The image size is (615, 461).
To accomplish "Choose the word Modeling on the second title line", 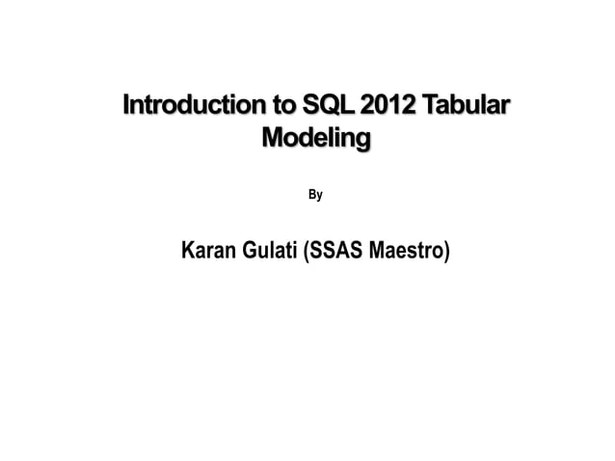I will click(316, 140).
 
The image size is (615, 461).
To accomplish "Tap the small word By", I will click(315, 196).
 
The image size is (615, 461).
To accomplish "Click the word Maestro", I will click(407, 253).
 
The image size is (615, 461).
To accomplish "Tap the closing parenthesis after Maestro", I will click(446, 253).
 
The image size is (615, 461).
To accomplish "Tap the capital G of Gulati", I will click(251, 253).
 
